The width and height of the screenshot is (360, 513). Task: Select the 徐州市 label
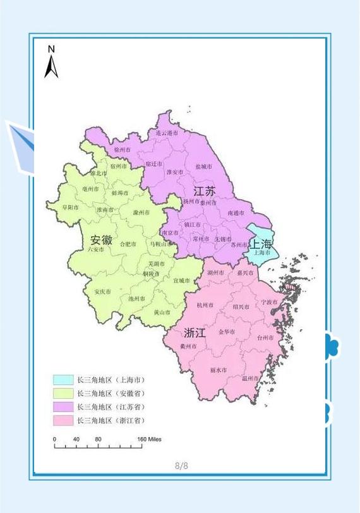click(x=123, y=150)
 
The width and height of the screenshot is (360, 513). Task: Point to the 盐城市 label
click(x=203, y=166)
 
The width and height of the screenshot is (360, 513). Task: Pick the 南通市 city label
click(x=237, y=214)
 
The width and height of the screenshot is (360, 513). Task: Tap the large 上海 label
click(x=261, y=244)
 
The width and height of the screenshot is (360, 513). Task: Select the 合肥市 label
click(x=128, y=244)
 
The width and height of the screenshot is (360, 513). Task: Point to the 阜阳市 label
click(x=70, y=207)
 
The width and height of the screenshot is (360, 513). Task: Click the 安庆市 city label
click(x=102, y=292)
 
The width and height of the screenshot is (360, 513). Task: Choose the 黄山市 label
click(x=162, y=312)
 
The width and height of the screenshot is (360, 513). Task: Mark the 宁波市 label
click(x=270, y=302)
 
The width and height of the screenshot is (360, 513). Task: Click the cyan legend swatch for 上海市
click(x=63, y=380)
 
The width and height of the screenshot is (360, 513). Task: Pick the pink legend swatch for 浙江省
click(x=63, y=420)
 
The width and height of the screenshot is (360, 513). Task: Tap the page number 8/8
click(x=181, y=466)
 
